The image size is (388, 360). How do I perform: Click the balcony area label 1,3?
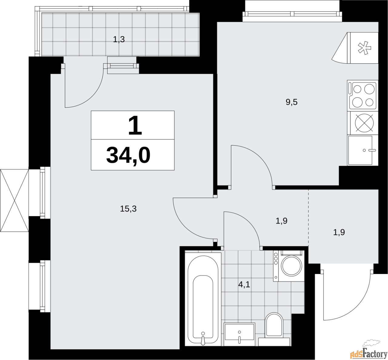click(119, 40)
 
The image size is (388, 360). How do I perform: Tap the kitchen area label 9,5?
click(292, 102)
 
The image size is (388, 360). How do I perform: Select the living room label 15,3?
click(128, 209)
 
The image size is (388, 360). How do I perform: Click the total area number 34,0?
click(128, 155)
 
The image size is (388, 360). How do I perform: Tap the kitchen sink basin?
click(360, 150)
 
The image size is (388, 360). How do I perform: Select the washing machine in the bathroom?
click(289, 266)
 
